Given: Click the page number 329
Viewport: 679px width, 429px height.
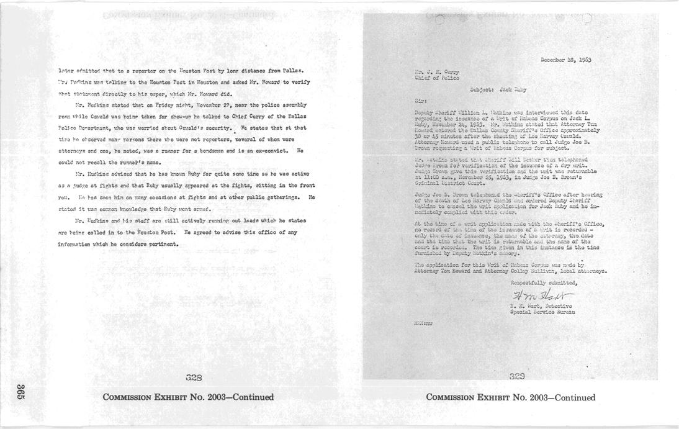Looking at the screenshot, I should click(517, 376).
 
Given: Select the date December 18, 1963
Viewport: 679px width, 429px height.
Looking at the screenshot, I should click(565, 60).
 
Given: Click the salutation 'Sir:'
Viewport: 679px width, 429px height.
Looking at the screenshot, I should click(421, 99).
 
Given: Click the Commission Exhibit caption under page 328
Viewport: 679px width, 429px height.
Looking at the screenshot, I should click(188, 397).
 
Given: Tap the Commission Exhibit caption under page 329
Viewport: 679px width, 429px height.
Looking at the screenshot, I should click(510, 397).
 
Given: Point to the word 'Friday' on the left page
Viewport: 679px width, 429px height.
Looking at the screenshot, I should click(165, 105).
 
